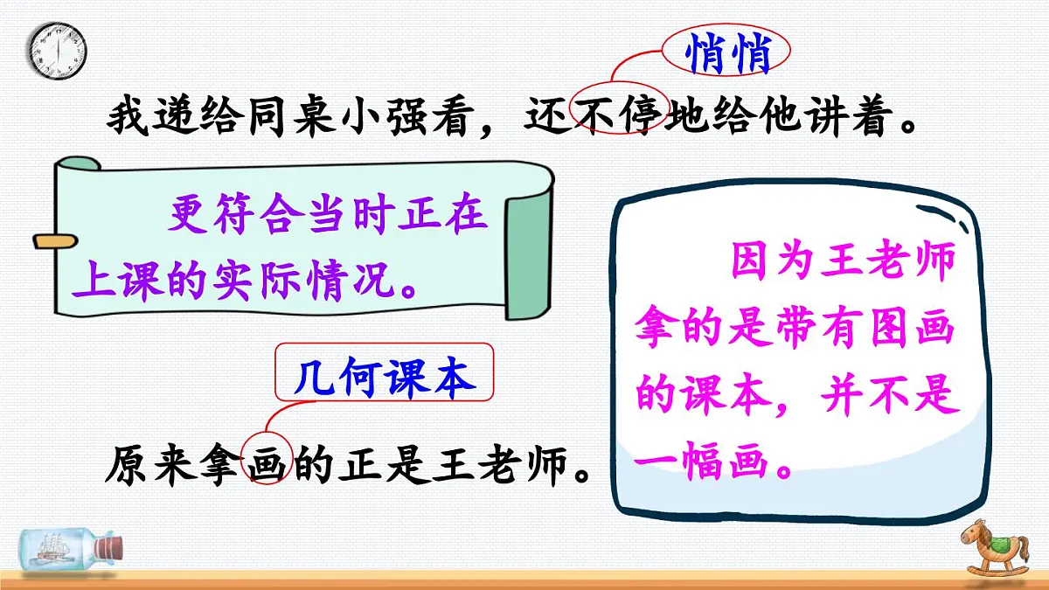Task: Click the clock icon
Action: click(x=58, y=49)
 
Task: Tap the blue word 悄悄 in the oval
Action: click(x=727, y=54)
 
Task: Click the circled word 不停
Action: click(x=619, y=115)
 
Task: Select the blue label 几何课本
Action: click(x=385, y=378)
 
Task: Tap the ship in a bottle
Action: click(x=70, y=549)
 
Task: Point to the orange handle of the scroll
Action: click(x=52, y=239)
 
